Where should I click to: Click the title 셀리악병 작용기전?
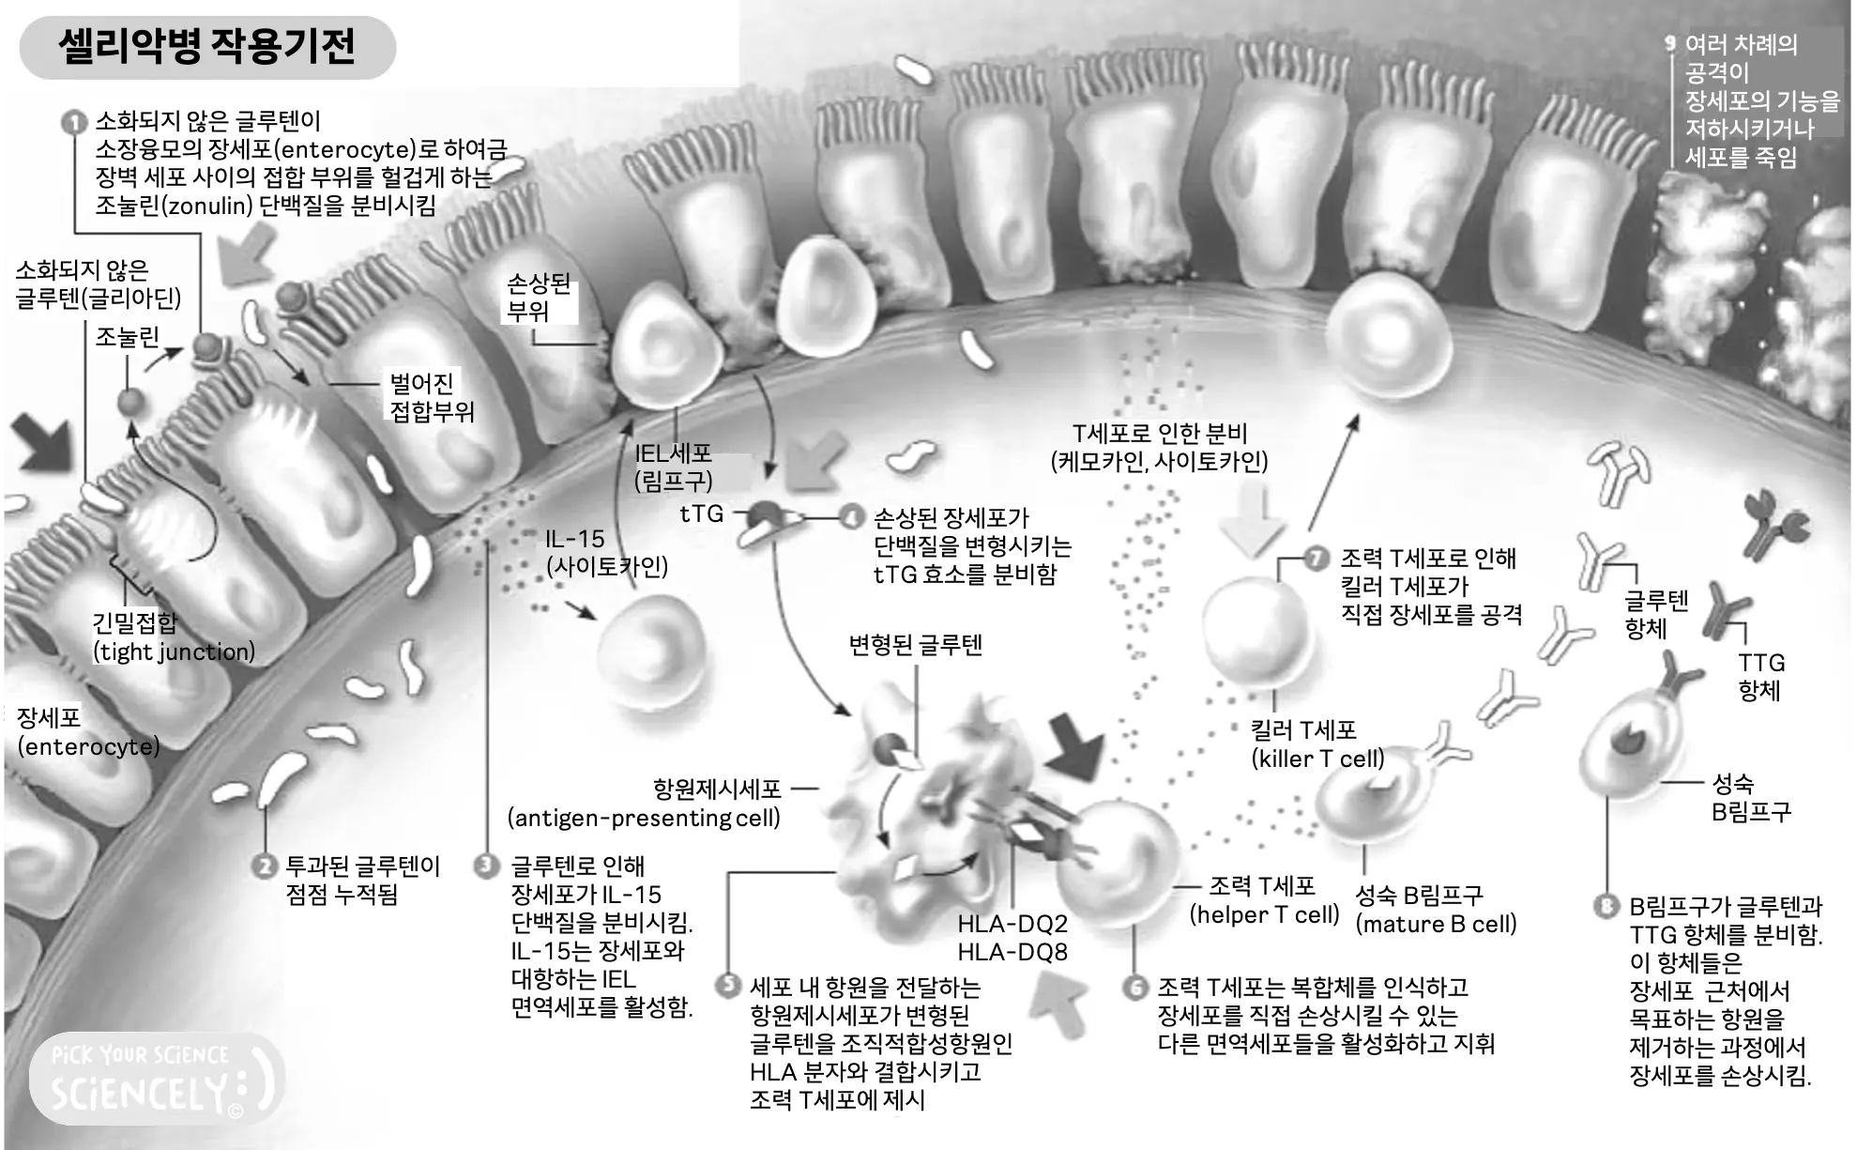click(206, 46)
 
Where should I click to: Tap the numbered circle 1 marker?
click(73, 123)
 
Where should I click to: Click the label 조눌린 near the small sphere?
click(127, 336)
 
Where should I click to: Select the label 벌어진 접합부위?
click(431, 397)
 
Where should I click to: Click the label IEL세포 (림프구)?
click(673, 467)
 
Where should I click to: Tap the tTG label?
click(701, 514)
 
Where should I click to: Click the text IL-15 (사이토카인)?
click(606, 552)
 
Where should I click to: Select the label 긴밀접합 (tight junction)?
click(173, 637)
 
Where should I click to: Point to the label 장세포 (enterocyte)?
click(87, 732)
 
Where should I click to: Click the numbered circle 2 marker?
click(266, 866)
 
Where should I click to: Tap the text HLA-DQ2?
click(1012, 924)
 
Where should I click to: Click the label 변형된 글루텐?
click(915, 645)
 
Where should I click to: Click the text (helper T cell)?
click(1263, 914)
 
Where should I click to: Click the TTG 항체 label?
click(1759, 676)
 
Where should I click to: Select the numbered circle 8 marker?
click(1606, 906)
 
